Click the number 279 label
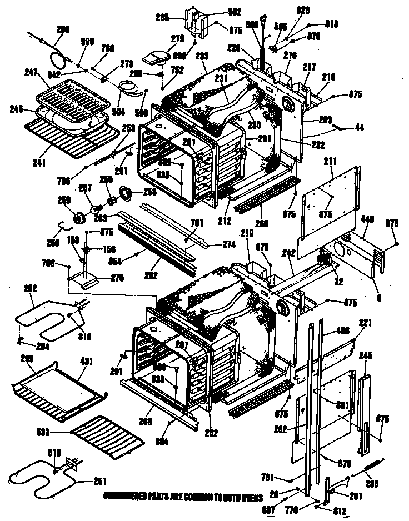click(x=162, y=38)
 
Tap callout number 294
click(x=26, y=347)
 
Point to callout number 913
click(x=332, y=24)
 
